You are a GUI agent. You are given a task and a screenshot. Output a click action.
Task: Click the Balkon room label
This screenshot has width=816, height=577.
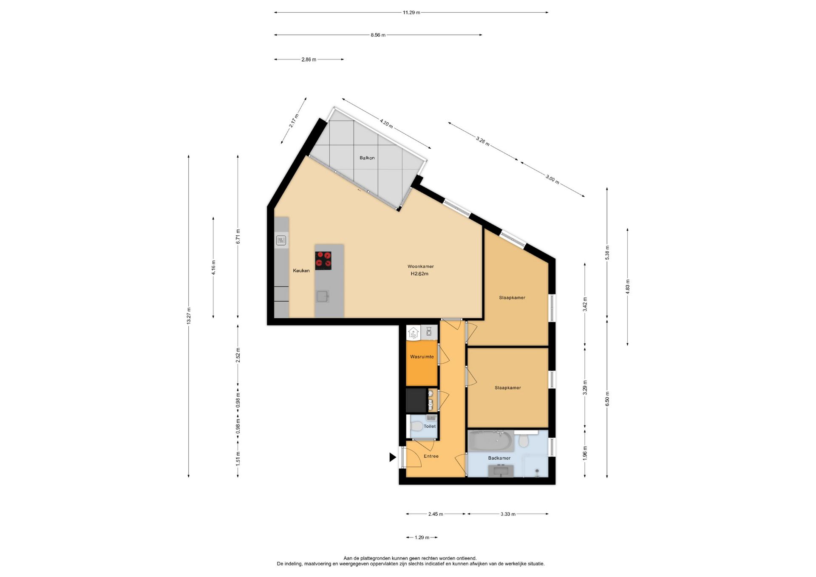tap(367, 158)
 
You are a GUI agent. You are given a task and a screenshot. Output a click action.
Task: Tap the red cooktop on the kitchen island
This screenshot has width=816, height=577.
tap(323, 260)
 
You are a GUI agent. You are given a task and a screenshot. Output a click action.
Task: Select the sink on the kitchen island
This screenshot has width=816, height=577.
tap(323, 296)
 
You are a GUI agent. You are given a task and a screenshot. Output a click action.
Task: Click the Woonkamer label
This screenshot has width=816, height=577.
tap(421, 266)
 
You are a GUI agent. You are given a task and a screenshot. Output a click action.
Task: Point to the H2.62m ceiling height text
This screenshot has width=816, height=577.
tap(419, 274)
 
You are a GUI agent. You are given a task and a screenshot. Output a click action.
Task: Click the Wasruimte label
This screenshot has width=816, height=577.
tap(422, 357)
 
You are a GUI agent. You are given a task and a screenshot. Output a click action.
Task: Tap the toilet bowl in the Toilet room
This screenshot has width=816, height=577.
tap(417, 426)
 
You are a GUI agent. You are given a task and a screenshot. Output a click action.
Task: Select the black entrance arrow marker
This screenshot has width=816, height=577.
tap(393, 457)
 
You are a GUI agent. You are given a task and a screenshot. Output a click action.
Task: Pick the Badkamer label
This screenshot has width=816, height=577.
tap(499, 458)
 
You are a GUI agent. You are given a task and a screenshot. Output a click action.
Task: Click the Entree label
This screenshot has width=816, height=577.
tap(431, 456)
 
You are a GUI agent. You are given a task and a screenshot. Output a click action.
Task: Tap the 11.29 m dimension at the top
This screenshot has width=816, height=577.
tap(411, 13)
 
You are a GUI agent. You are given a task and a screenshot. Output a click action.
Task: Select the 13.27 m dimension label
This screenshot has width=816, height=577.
tap(189, 316)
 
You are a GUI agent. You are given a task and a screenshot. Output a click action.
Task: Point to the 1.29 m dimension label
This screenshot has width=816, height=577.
tap(422, 537)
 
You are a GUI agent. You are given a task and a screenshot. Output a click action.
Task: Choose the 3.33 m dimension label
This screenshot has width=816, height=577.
tap(508, 514)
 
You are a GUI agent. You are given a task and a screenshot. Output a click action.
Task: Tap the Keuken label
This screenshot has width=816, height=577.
tap(301, 271)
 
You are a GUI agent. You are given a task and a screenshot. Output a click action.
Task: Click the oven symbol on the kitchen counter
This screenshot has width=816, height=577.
tap(281, 240)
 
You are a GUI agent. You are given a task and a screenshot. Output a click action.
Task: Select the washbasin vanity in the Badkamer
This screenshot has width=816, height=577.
tap(501, 471)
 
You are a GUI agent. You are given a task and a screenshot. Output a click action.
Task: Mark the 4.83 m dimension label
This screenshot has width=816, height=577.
tap(628, 287)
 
